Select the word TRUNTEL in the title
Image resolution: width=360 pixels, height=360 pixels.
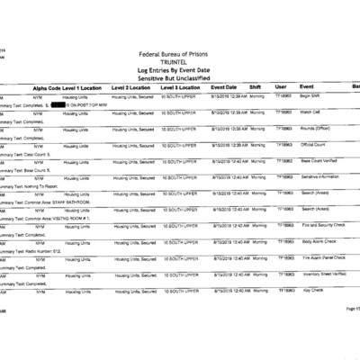coord(180,64)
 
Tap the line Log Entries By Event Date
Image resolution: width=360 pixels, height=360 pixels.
coord(180,72)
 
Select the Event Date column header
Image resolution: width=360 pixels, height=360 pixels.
coord(224,87)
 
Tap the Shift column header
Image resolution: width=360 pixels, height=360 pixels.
coord(257,87)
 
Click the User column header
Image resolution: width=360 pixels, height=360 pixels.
coord(282,87)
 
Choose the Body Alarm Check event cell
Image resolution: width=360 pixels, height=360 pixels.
coord(316,241)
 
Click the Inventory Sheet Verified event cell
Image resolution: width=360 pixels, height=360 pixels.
coord(321,274)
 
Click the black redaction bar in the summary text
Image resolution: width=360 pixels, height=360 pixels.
coord(64,104)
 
